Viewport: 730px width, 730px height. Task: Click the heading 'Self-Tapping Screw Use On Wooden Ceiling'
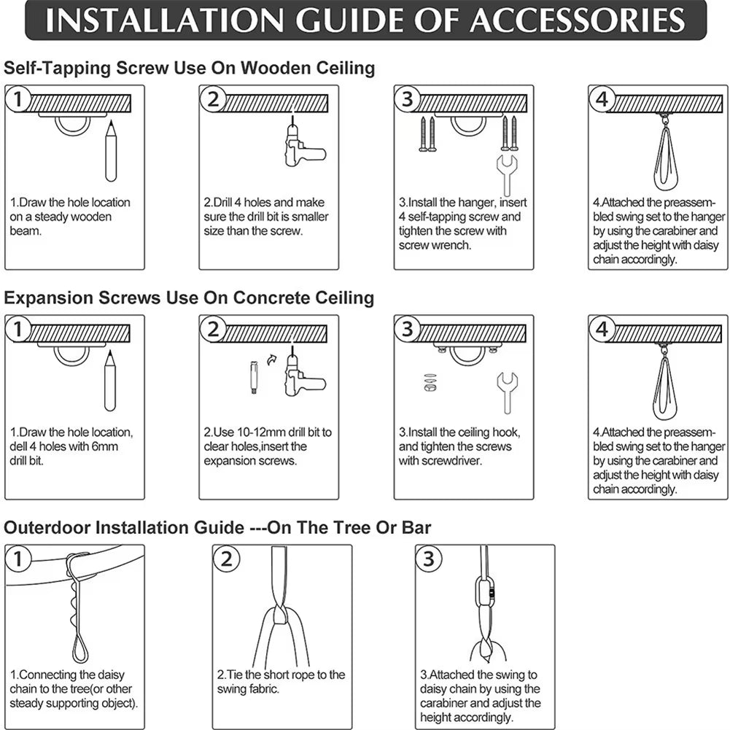190,69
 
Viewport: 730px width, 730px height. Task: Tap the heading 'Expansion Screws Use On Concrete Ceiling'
189,298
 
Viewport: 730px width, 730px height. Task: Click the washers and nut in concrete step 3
430,384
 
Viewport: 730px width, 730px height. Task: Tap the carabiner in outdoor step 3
489,594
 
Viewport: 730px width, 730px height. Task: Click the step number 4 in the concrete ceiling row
602,330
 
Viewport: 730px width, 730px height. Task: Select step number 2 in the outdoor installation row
226,559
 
